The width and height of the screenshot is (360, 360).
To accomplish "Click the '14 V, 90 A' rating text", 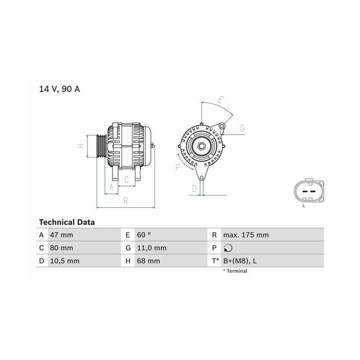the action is (x=59, y=89).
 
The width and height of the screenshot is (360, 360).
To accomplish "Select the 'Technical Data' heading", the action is (x=67, y=222).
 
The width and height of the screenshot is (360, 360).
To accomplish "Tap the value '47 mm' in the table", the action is (x=61, y=235).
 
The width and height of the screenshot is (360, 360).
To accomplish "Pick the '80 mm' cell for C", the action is (x=61, y=248).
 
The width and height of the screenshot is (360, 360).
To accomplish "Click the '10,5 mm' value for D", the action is (x=64, y=261).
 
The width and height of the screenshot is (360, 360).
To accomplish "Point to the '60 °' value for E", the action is (x=144, y=235).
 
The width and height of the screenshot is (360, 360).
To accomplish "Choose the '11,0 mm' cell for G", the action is (x=152, y=248).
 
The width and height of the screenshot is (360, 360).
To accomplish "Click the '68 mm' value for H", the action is (x=148, y=261).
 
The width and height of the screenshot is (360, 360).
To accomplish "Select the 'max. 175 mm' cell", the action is (x=246, y=235).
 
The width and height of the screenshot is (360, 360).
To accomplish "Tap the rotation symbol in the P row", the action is (x=228, y=248).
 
